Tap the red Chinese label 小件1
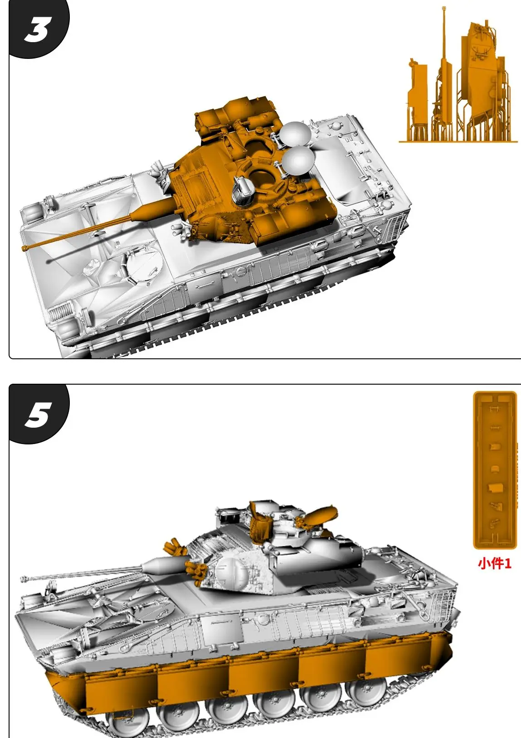494,563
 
